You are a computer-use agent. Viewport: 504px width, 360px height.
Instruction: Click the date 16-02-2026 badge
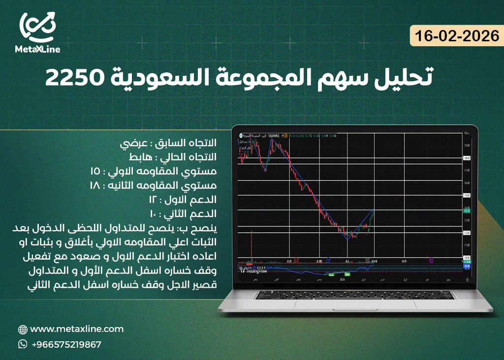click(x=457, y=36)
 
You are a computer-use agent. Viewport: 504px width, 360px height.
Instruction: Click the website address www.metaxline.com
click(x=77, y=329)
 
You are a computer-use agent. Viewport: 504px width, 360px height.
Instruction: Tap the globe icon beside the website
click(x=23, y=330)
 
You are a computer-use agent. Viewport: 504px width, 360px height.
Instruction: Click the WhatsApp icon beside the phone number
click(x=23, y=344)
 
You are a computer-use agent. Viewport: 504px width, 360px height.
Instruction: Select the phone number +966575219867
click(x=66, y=344)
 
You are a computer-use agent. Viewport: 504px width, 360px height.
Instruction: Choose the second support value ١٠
click(x=153, y=214)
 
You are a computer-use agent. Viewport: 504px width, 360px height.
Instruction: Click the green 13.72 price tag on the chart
click(x=467, y=210)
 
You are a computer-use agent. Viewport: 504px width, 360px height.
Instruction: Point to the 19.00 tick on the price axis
click(x=466, y=146)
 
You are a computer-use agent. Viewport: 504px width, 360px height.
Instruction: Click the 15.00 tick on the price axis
click(x=467, y=195)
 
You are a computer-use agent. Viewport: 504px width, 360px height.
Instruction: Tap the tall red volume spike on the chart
click(x=252, y=243)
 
